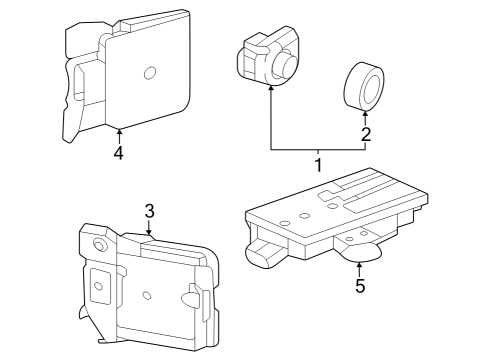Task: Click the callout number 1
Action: click(317, 163)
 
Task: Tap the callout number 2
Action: click(366, 134)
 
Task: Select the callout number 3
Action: click(149, 211)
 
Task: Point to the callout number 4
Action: click(118, 153)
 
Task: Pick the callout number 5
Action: click(360, 286)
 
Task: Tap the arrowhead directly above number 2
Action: click(366, 114)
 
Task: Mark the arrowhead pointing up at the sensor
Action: click(270, 89)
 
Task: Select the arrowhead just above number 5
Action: click(360, 264)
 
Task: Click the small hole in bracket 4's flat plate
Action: click(149, 71)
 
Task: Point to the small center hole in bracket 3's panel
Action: click(147, 295)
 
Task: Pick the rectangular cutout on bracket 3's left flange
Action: click(98, 286)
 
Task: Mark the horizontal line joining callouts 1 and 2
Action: click(317, 149)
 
